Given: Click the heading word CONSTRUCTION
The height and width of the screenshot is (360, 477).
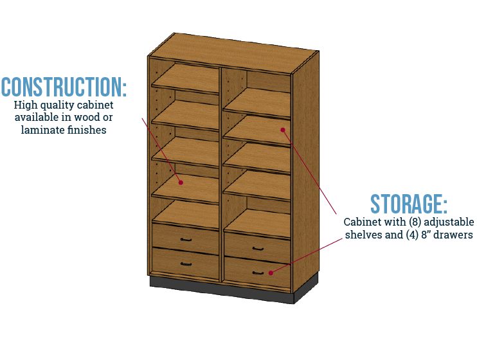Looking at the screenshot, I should click(63, 87).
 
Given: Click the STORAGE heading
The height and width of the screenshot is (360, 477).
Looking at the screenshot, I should click(408, 204).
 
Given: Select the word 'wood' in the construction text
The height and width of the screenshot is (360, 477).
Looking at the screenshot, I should click(86, 117).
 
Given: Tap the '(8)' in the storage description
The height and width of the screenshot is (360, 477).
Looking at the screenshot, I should click(408, 222).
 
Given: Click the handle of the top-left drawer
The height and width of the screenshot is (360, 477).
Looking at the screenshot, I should click(186, 240).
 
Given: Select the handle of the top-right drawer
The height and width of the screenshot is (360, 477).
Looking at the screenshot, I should click(257, 249).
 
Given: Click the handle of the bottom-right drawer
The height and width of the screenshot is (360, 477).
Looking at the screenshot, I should click(257, 273).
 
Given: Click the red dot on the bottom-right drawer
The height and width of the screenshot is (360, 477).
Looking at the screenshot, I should click(271, 273).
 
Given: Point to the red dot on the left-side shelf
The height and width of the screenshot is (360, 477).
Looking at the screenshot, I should click(181, 182).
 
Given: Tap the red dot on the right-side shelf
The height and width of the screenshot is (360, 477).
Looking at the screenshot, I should click(282, 129).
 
